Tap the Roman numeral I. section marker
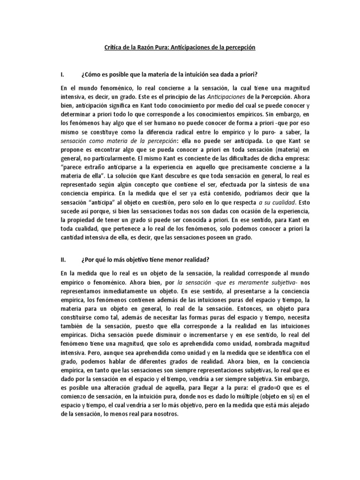tap(62, 75)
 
